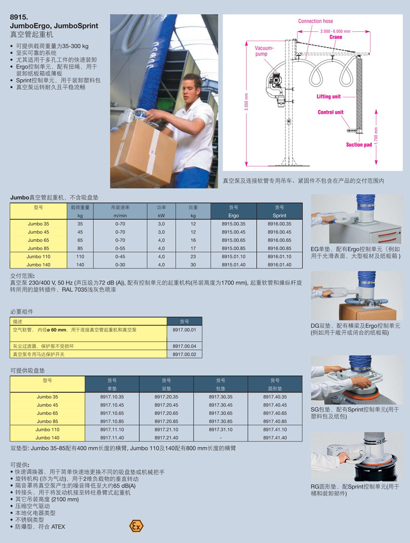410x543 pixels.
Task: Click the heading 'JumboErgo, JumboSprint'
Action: [x=54, y=26]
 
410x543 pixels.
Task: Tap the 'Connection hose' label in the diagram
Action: [x=315, y=21]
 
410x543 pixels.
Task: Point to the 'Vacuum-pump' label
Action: [x=264, y=51]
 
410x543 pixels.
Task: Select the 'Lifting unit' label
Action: [x=329, y=97]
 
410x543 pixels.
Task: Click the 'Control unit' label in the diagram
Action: [x=331, y=112]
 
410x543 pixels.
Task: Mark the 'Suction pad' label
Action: [x=359, y=145]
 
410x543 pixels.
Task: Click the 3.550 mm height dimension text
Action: [x=247, y=102]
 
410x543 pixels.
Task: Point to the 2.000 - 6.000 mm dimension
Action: [x=335, y=31]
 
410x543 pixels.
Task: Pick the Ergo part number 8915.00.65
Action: [x=234, y=240]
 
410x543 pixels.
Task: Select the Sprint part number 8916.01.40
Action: [x=279, y=264]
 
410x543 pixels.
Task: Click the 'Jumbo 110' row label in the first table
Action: [x=38, y=257]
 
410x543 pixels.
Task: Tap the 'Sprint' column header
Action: [x=279, y=215]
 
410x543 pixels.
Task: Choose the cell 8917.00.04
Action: [x=184, y=346]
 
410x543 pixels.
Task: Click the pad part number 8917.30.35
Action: [x=220, y=397]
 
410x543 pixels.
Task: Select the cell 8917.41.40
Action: [x=275, y=437]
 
